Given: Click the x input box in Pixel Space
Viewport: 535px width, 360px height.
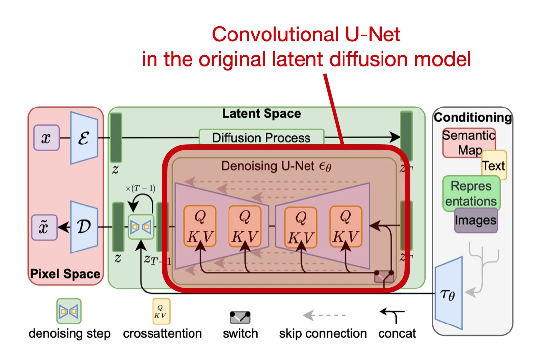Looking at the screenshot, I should click(x=46, y=138).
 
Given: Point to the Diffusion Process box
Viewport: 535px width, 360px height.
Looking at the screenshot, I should click(x=261, y=137).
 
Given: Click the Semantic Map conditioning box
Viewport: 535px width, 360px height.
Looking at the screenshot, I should click(x=468, y=142).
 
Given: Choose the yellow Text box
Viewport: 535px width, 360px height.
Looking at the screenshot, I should click(x=494, y=166).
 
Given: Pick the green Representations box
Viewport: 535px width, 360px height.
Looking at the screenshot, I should click(x=471, y=194).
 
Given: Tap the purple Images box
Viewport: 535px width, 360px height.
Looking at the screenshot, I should click(x=476, y=220).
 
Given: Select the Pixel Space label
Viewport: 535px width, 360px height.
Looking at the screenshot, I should click(x=65, y=274).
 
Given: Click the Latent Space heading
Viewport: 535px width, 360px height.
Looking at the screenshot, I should click(x=261, y=114).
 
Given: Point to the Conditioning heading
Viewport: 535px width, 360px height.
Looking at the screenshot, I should click(x=472, y=117).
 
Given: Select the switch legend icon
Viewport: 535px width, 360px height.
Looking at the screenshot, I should click(x=240, y=316).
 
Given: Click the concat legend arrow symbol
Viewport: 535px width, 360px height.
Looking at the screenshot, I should click(x=393, y=315).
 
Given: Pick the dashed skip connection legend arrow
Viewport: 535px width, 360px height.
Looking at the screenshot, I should click(x=324, y=315).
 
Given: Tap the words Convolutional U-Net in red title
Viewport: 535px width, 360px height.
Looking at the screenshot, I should click(x=306, y=36).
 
